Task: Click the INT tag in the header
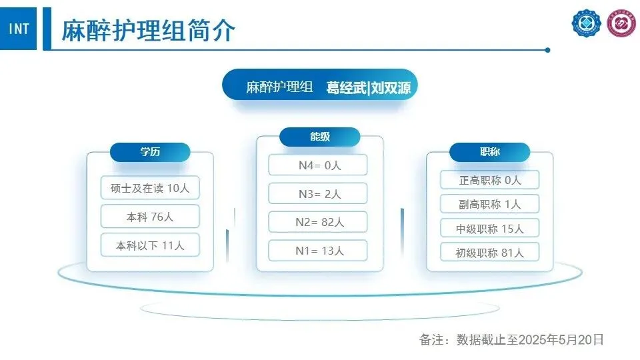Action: click(x=19, y=29)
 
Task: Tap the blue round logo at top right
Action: click(x=586, y=24)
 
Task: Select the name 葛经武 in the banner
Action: click(x=346, y=87)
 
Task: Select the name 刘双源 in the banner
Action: click(x=391, y=87)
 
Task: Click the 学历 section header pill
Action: click(x=150, y=152)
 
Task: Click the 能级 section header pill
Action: click(x=320, y=137)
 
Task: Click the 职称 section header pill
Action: click(x=490, y=152)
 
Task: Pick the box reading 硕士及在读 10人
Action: click(x=150, y=188)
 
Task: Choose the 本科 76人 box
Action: click(x=150, y=217)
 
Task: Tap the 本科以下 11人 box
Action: click(x=150, y=245)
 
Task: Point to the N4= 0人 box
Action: click(x=318, y=165)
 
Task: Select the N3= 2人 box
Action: click(x=318, y=194)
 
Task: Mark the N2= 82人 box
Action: click(x=318, y=222)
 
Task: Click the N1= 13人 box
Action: click(x=318, y=251)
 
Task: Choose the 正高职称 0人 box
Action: click(x=490, y=180)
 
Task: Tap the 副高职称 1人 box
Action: click(x=490, y=204)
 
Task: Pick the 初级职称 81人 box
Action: click(x=490, y=253)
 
